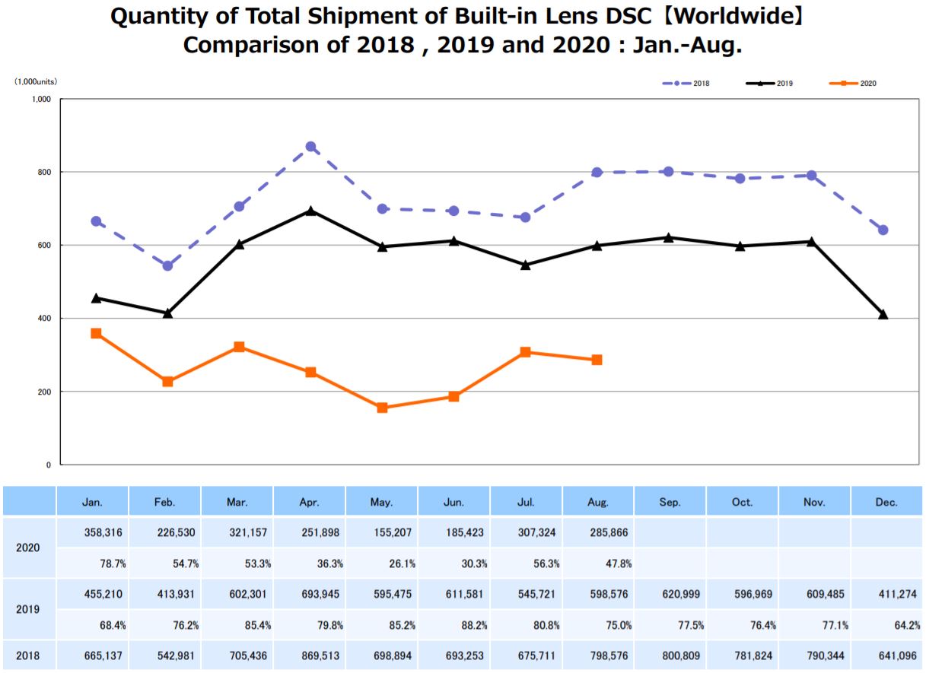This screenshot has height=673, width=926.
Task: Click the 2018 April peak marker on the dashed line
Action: point(310,147)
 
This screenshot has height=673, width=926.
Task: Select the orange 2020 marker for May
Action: point(382,408)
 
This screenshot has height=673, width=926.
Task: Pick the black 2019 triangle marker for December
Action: point(883,314)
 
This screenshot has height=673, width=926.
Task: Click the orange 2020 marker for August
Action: point(597,360)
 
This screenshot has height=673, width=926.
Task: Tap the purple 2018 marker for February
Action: point(167,265)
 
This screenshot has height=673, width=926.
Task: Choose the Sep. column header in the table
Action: point(670,503)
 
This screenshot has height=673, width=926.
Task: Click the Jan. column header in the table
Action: point(93,503)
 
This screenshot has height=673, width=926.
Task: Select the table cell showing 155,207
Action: point(382,533)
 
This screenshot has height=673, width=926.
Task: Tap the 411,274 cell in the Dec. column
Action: point(887,594)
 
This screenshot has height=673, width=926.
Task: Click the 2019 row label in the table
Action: point(29,609)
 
